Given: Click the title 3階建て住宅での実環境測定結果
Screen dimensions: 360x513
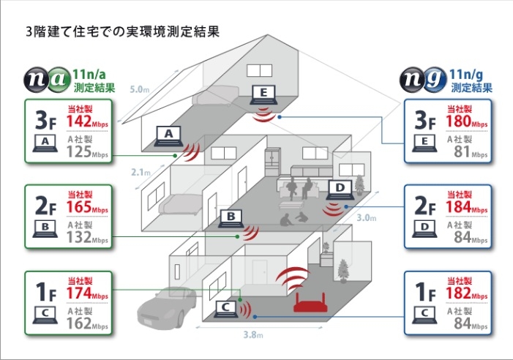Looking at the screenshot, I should click(122, 33).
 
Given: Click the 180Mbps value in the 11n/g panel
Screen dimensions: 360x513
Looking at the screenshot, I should click(466, 122).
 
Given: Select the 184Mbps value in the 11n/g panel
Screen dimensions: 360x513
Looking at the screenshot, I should click(466, 209).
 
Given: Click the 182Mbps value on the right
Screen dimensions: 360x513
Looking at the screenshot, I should click(466, 294).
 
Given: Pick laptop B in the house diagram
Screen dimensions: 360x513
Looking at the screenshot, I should click(230, 218).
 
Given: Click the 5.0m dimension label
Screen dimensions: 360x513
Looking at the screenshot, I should click(138, 90).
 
